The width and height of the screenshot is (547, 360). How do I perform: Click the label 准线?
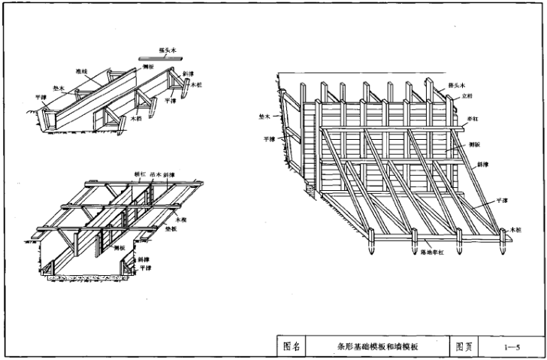tap(81, 72)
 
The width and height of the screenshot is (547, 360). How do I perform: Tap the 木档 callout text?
tap(137, 118)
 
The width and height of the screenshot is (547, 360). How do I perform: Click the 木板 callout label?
tap(181, 219)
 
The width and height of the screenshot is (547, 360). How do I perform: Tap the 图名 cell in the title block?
tap(292, 346)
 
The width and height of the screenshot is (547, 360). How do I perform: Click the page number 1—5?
tap(513, 346)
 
